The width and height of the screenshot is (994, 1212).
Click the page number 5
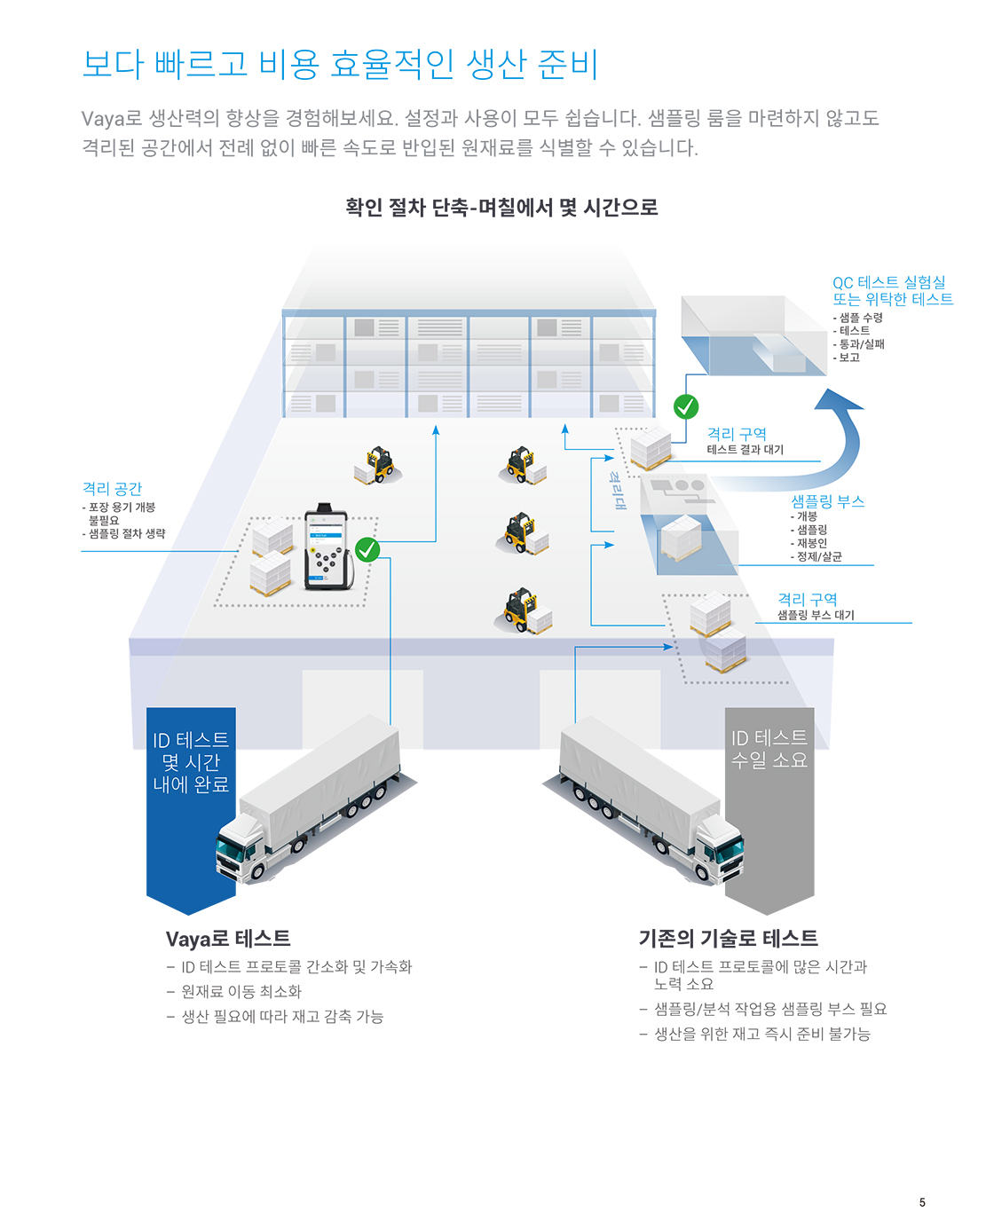(921, 1185)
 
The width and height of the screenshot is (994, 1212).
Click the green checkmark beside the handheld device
(367, 549)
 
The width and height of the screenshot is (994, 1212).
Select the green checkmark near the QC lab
(685, 406)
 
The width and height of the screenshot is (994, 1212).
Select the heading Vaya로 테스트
(228, 939)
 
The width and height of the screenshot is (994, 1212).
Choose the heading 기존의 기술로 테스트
(728, 938)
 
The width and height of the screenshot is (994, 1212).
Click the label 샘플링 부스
(826, 501)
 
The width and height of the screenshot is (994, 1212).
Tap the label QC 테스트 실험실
(888, 282)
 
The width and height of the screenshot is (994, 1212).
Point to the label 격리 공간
(112, 488)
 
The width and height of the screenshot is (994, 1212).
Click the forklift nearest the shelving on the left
(378, 464)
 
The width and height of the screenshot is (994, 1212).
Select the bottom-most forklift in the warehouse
(523, 610)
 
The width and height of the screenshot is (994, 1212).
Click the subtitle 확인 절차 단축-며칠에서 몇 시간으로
(501, 207)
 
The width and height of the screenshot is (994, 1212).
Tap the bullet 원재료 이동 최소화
(241, 991)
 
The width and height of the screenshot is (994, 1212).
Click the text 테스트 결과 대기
(745, 450)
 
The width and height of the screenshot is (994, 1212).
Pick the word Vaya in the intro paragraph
(103, 118)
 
